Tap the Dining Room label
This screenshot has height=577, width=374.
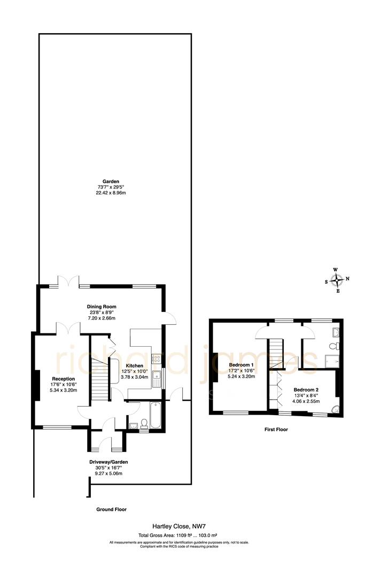[102, 307]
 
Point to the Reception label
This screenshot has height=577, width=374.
[64, 379]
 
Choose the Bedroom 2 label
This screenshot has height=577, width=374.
[305, 389]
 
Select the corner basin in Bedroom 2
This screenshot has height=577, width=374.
[335, 409]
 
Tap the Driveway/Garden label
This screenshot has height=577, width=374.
[108, 462]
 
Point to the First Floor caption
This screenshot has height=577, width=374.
[277, 429]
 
